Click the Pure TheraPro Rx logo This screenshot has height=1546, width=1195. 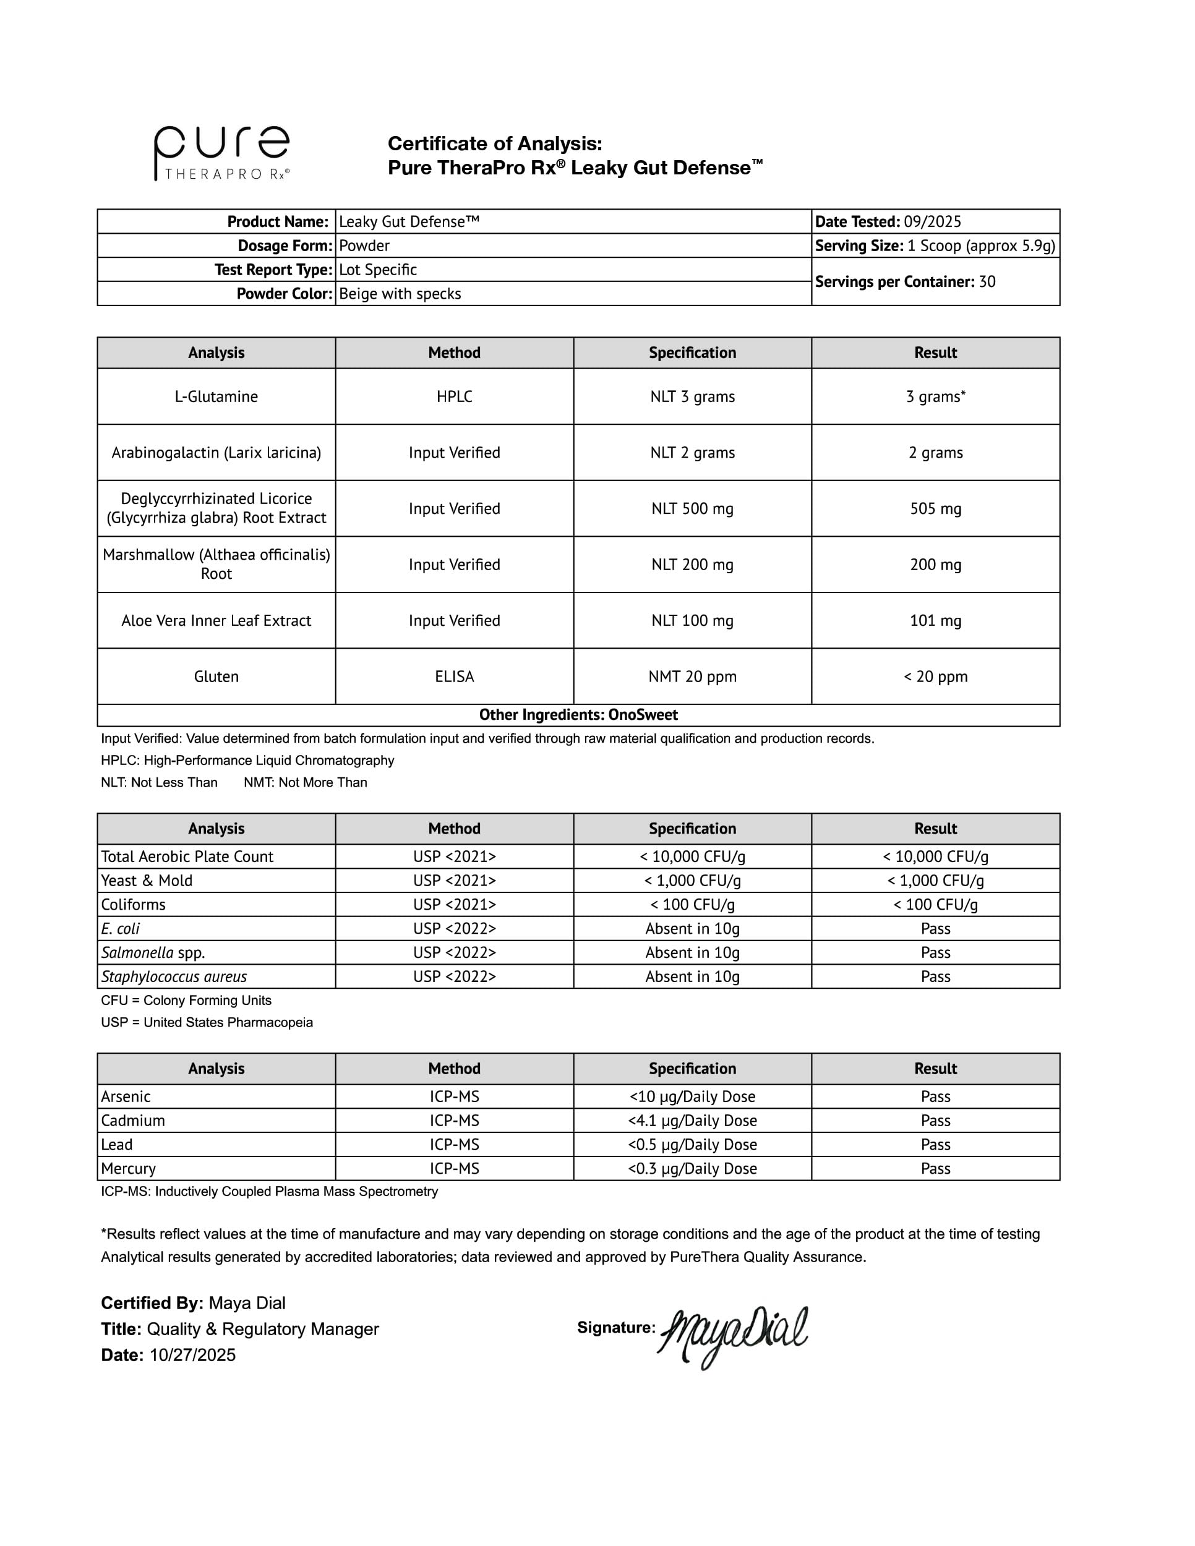click(221, 153)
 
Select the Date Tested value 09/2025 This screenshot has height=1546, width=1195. click(932, 221)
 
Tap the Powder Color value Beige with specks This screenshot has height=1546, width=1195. click(400, 294)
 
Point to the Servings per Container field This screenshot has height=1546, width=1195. click(905, 282)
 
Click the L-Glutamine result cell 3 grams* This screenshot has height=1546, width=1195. click(935, 396)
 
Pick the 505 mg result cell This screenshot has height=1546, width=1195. click(935, 508)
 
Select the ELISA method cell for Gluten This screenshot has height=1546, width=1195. click(454, 677)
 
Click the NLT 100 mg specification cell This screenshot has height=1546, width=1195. click(692, 621)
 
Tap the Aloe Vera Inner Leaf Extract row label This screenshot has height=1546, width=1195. click(216, 621)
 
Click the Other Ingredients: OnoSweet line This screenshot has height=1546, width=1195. click(578, 715)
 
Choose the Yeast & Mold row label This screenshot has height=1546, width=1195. click(147, 881)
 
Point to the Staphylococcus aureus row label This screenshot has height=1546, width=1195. click(174, 977)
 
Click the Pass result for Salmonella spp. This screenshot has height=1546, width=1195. click(935, 953)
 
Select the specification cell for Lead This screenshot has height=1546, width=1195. click(692, 1145)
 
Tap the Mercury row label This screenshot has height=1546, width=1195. click(128, 1169)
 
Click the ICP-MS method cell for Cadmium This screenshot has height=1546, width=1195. click(454, 1121)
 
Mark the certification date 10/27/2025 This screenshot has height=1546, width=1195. click(192, 1355)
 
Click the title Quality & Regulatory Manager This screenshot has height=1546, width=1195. click(263, 1329)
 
